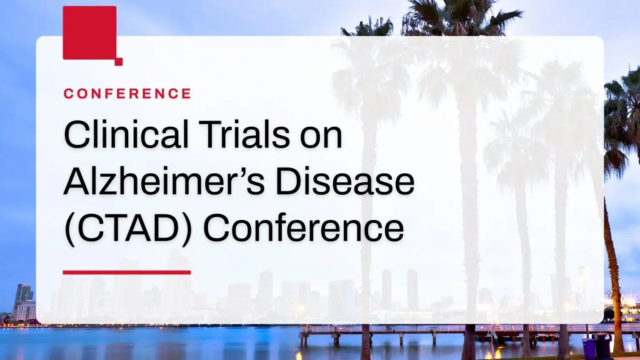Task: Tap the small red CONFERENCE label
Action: [x=127, y=93]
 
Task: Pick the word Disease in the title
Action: [x=345, y=181]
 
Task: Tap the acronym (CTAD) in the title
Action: [x=128, y=228]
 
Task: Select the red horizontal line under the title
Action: [x=127, y=272]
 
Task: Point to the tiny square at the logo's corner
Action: [x=119, y=62]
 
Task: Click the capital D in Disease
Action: [x=287, y=181]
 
